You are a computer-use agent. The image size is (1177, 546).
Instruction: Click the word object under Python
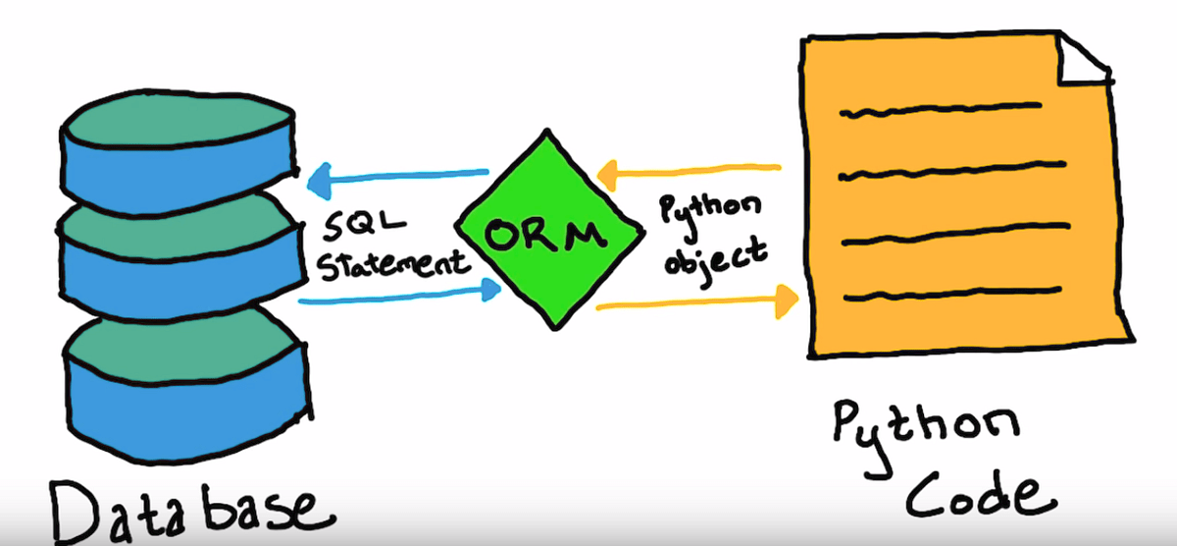(713, 253)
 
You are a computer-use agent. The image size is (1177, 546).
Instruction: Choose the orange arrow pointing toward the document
(696, 303)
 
